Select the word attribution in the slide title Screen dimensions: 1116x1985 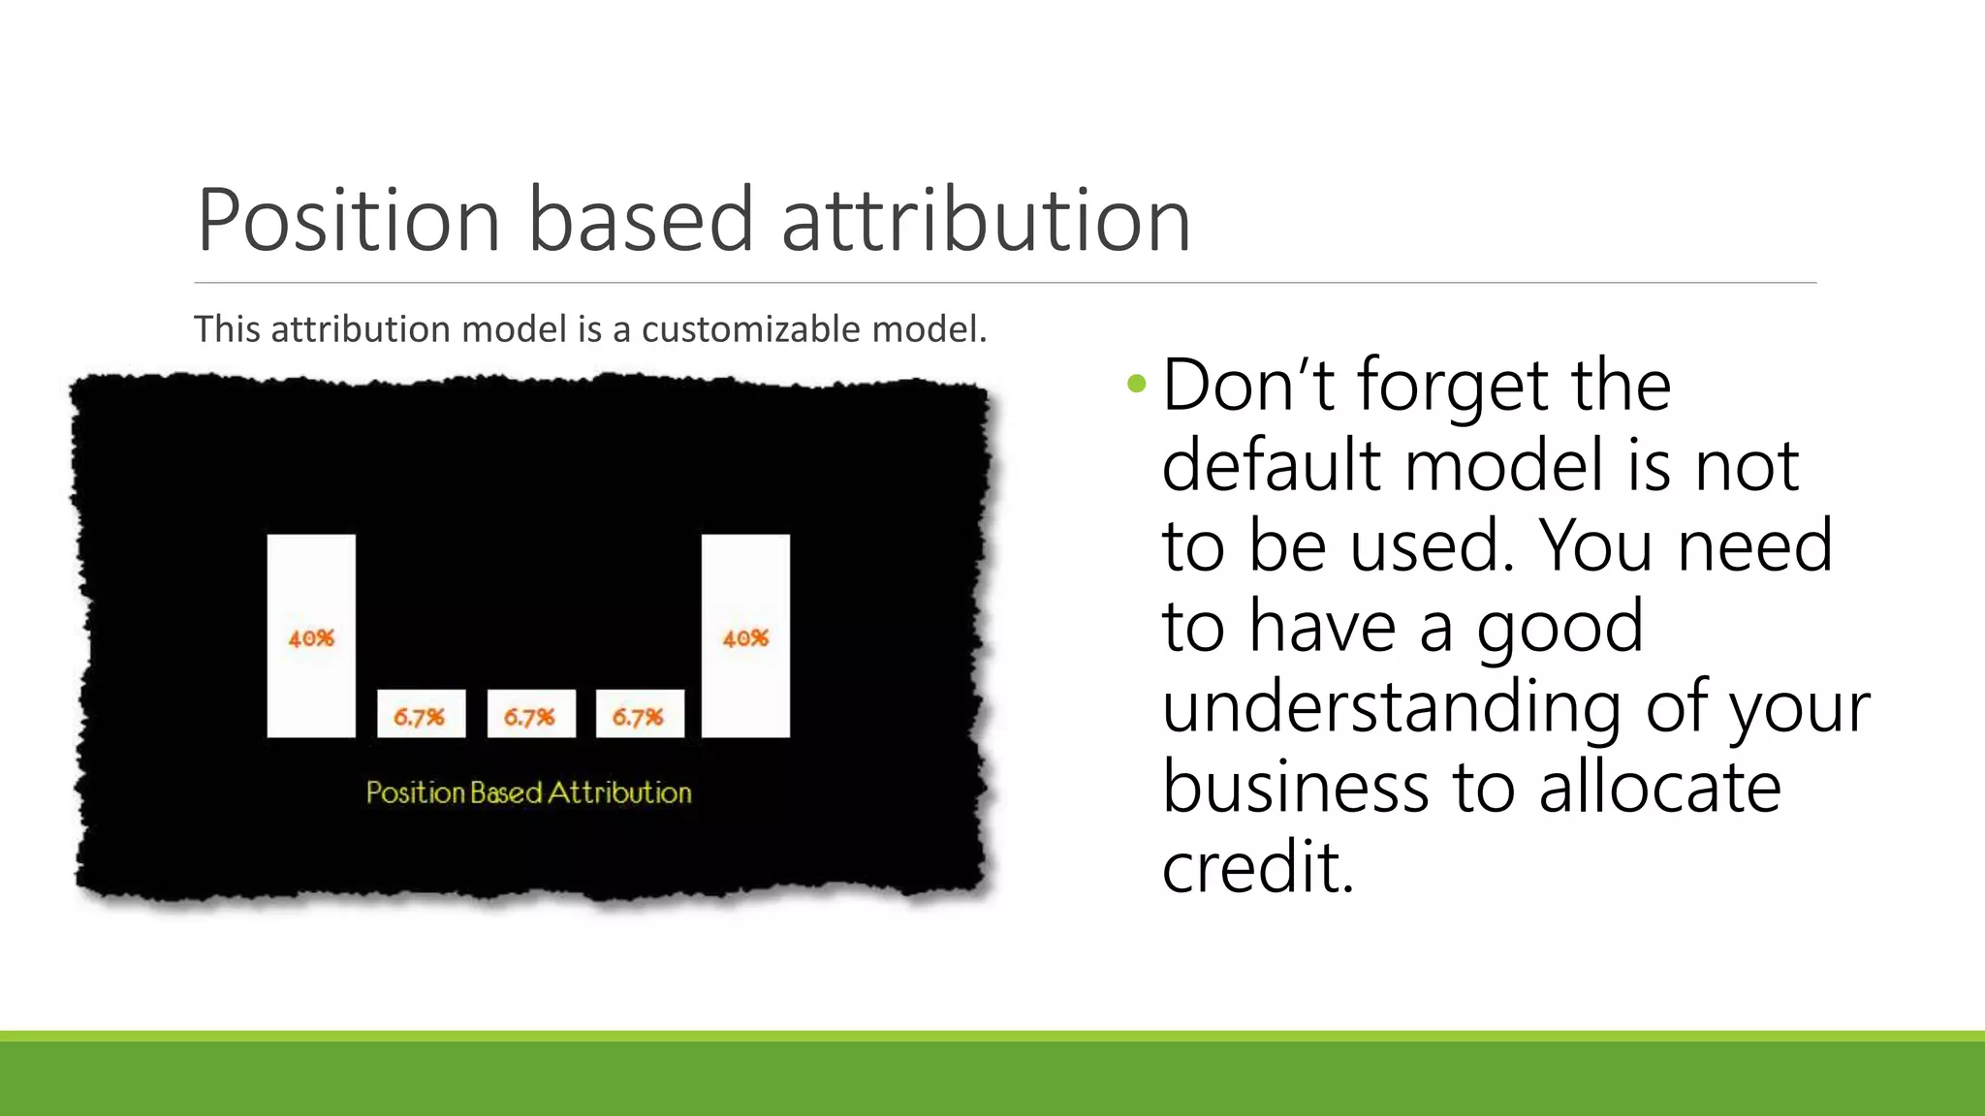(x=986, y=221)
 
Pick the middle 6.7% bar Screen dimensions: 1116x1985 (x=530, y=714)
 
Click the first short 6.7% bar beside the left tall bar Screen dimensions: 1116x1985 (x=421, y=714)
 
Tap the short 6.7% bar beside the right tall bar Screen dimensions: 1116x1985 (x=639, y=714)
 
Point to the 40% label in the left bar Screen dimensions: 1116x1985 (x=311, y=638)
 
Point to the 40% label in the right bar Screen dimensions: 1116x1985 (x=745, y=638)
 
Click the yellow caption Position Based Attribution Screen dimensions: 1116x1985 (x=528, y=792)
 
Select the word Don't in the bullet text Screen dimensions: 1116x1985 (x=1247, y=386)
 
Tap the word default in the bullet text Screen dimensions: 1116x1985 (x=1271, y=466)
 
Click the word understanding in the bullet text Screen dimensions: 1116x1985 (x=1391, y=707)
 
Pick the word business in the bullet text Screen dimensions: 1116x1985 (x=1295, y=787)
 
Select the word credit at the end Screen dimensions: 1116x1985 (x=1256, y=867)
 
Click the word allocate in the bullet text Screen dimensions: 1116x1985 (x=1659, y=787)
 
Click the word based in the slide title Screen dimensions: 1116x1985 (x=641, y=221)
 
